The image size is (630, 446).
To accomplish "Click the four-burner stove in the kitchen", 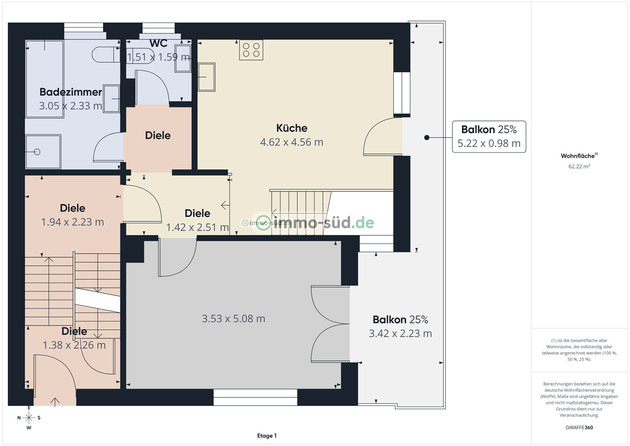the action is click(x=251, y=50).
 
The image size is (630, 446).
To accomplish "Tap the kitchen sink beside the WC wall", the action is click(x=206, y=77).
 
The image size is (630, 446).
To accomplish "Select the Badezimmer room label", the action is click(x=71, y=92).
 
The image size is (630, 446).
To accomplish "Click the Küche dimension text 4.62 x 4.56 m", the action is click(x=292, y=142).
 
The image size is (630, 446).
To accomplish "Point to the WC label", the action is click(x=158, y=43).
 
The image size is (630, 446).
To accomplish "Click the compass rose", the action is click(x=29, y=418).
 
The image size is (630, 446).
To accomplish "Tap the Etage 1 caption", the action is click(x=267, y=436).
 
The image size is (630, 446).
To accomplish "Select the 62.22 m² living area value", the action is click(x=579, y=166).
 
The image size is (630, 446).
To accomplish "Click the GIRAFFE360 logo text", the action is click(x=579, y=428).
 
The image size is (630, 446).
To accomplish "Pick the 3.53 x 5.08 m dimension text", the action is click(x=233, y=319).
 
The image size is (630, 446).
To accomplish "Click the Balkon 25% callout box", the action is click(x=489, y=137).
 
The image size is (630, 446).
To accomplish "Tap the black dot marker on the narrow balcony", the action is click(x=427, y=138).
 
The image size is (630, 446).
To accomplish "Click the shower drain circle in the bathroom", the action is click(x=37, y=152).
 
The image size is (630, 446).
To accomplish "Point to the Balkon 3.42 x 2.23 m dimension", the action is click(x=400, y=333).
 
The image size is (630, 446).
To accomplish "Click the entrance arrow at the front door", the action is click(x=55, y=402).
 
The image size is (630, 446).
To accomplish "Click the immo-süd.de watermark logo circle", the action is click(x=263, y=223).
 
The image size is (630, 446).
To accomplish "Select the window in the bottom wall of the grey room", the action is click(x=255, y=397).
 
